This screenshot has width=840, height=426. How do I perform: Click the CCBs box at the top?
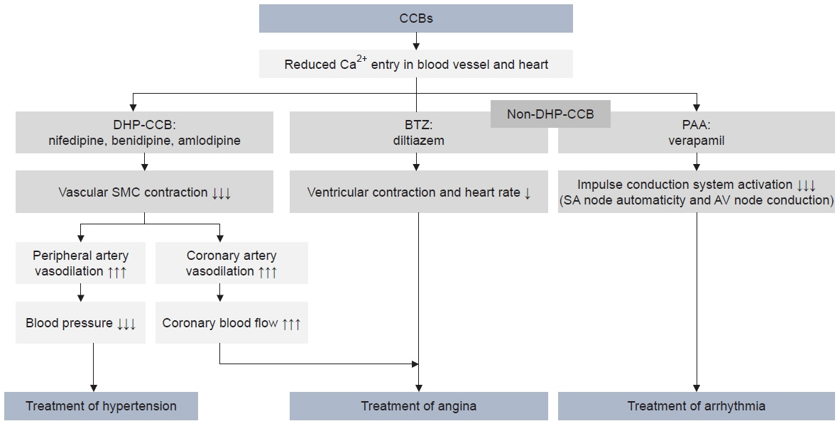[x=415, y=18]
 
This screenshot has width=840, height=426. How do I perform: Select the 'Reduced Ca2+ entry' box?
[x=415, y=65]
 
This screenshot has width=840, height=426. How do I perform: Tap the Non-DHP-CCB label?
[x=550, y=114]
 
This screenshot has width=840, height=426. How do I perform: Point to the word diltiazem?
[x=418, y=141]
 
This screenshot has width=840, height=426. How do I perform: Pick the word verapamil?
[x=697, y=141]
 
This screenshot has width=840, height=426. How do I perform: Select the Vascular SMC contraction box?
[x=144, y=192]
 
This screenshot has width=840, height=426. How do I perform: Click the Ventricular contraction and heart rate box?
[x=418, y=192]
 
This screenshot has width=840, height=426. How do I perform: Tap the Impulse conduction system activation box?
[x=697, y=192]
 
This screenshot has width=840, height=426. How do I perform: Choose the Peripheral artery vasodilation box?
[x=80, y=263]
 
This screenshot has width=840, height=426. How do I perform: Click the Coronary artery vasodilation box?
[x=231, y=263]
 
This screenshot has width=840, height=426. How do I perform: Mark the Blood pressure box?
[x=80, y=322]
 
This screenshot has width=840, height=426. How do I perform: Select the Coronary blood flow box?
[x=231, y=322]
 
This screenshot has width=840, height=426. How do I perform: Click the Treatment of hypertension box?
[x=102, y=405]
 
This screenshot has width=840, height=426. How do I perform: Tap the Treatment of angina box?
[x=418, y=405]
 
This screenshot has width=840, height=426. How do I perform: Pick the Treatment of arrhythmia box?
[x=697, y=405]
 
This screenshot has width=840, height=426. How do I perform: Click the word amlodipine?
[x=213, y=141]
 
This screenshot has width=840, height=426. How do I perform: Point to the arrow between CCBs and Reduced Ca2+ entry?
[x=416, y=41]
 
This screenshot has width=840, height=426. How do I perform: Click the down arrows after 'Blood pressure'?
[x=126, y=324]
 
